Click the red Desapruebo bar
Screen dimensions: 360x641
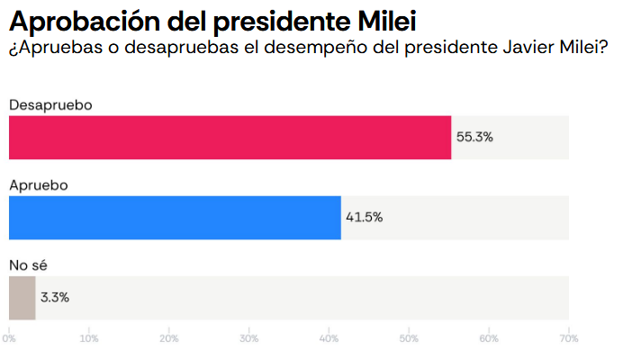[230, 138]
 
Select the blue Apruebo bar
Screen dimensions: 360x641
[175, 218]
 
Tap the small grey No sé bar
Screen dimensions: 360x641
[22, 298]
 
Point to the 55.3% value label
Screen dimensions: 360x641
[474, 138]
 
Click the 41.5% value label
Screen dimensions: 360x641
[364, 218]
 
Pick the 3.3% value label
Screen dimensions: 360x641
[55, 297]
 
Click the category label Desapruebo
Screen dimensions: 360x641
[51, 104]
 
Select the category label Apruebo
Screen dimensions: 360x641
[39, 184]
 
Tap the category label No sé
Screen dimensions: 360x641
[28, 265]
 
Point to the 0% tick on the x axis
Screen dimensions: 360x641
[9, 338]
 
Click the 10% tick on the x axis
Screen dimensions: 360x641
[89, 338]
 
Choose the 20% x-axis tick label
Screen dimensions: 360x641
[169, 338]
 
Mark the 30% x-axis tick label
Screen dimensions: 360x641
[249, 338]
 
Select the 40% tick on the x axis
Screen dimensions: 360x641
[330, 338]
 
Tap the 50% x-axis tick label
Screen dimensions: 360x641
[409, 338]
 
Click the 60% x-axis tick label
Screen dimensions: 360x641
[489, 338]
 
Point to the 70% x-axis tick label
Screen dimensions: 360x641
[568, 338]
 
